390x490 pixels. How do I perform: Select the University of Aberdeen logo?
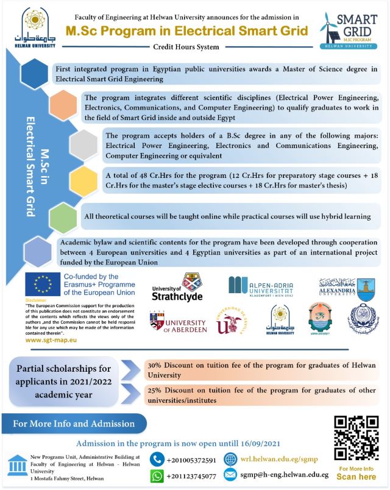tap(178, 323)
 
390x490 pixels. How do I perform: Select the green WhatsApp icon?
tap(157, 476)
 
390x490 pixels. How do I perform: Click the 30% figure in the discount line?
tap(156, 366)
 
